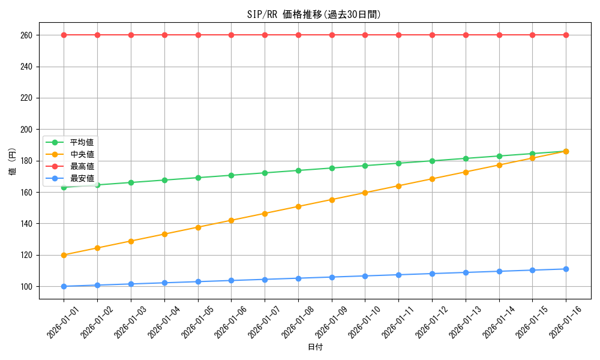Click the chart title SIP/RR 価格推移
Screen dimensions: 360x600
(314, 14)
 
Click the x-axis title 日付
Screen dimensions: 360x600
(315, 347)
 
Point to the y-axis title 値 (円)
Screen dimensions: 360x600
(12, 162)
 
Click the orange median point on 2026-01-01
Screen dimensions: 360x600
(64, 255)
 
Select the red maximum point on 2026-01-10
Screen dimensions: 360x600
(365, 35)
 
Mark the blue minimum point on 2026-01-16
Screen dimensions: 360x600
(566, 269)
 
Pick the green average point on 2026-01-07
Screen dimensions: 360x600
(265, 173)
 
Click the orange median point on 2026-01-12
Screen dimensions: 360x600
(432, 179)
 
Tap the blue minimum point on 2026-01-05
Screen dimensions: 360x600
(197, 281)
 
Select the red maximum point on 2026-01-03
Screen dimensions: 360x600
(131, 35)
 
